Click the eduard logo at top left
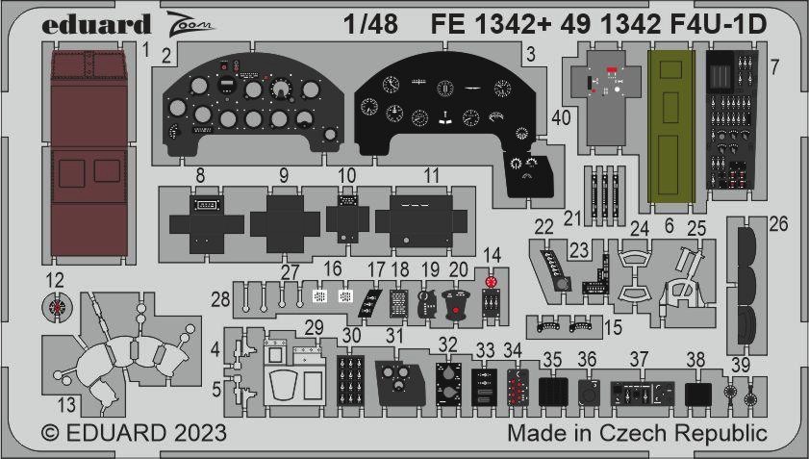96,24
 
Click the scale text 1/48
371,25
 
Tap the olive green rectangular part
670,125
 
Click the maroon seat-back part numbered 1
89,153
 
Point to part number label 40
561,117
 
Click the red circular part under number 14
491,282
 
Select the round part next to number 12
57,307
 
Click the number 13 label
66,405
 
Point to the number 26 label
778,224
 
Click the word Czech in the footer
634,433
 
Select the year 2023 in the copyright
200,433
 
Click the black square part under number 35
553,392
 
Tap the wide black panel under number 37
643,394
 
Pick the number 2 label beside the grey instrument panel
166,56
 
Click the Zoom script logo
190,23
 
